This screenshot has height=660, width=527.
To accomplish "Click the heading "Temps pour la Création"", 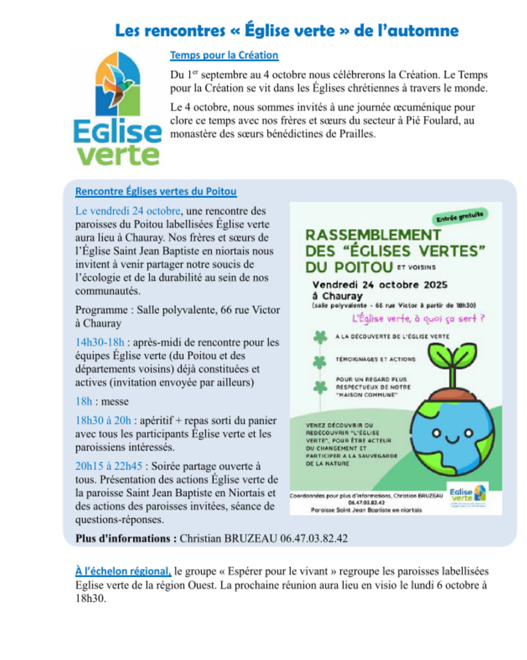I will point(224,55).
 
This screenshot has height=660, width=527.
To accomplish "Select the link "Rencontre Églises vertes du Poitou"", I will point(156,191).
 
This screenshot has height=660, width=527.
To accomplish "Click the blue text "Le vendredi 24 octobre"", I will point(128,211).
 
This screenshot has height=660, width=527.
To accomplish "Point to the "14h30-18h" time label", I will point(100,342).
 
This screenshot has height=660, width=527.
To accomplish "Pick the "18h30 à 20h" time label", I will point(103,420).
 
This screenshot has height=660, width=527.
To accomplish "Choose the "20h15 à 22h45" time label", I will point(109,466).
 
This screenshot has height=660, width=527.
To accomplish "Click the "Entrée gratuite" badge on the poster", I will point(460,216).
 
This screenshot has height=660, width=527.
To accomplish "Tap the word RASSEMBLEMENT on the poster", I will point(373,235).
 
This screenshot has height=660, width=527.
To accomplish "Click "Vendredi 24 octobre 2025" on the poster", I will point(380,285).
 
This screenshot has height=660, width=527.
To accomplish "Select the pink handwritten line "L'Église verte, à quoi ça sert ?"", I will point(418,318).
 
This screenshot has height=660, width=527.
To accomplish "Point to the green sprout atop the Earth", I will point(452,359).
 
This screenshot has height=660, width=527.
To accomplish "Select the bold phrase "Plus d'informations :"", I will point(126,538).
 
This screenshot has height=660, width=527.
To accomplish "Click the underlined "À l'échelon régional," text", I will point(123,571).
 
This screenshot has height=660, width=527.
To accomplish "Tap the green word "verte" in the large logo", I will point(118,155).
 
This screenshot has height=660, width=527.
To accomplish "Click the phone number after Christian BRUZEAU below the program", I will point(314,538).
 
